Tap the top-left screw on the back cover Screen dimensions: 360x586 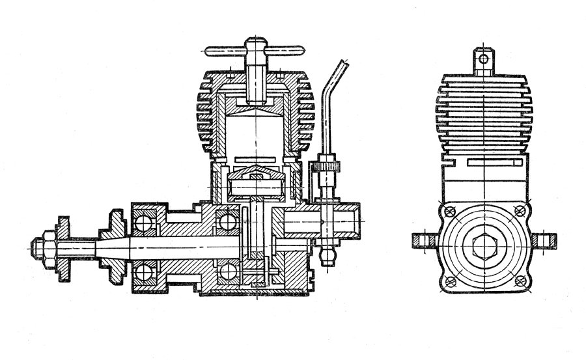tap(449, 210)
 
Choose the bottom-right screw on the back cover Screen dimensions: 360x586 tap(518, 281)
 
